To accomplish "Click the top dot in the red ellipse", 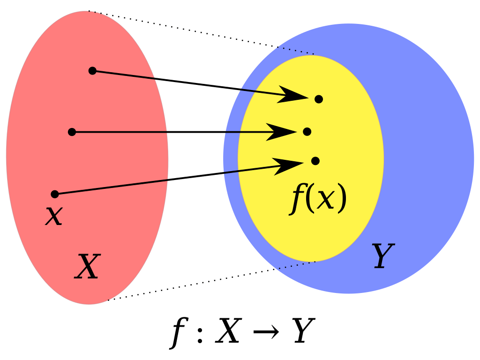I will tap(92, 71).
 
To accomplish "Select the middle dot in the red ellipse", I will tap(72, 132).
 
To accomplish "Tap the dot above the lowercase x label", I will tap(55, 194).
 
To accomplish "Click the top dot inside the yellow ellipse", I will tap(319, 99).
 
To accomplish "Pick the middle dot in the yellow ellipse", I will tap(307, 132).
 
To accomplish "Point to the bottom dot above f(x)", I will tap(315, 161).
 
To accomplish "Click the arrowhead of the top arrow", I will tap(293, 95).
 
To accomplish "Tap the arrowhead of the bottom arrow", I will tap(288, 165).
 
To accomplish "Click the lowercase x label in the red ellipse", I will tap(54, 216).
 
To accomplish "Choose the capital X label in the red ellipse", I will tap(88, 267).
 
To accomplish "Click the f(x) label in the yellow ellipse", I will tap(318, 199).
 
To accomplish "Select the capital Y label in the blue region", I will tap(382, 256).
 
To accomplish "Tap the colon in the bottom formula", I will tap(200, 332).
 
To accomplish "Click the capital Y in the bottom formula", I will tap(303, 332).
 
